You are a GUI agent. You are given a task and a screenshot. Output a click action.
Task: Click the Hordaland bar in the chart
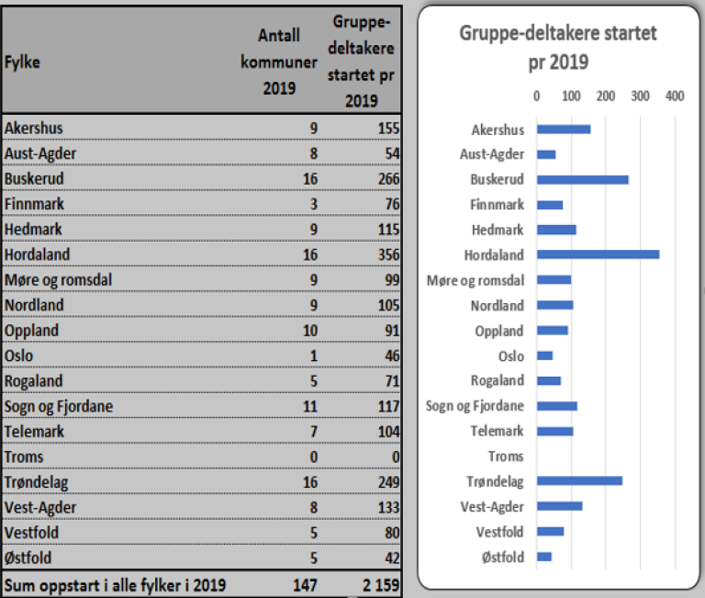click(598, 254)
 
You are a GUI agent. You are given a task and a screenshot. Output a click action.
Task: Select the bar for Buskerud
click(582, 180)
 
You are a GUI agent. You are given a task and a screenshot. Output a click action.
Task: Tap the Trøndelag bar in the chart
click(579, 480)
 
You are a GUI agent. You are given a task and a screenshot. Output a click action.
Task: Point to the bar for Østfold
click(543, 556)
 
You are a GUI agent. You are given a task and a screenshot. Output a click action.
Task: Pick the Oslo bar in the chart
click(544, 355)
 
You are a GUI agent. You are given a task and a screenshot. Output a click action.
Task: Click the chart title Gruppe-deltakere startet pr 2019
click(558, 49)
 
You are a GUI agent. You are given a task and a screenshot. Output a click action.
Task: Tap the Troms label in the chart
click(506, 457)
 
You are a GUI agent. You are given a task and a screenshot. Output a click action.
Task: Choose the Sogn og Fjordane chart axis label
click(476, 406)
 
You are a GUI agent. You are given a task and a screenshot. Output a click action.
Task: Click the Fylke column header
click(22, 62)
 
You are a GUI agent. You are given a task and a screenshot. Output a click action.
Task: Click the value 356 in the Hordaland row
click(387, 254)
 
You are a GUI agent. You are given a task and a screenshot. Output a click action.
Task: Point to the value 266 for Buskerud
click(387, 178)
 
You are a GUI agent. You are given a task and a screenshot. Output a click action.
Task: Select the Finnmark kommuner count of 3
click(313, 204)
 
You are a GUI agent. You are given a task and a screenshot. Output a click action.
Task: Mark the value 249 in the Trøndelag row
click(387, 482)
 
